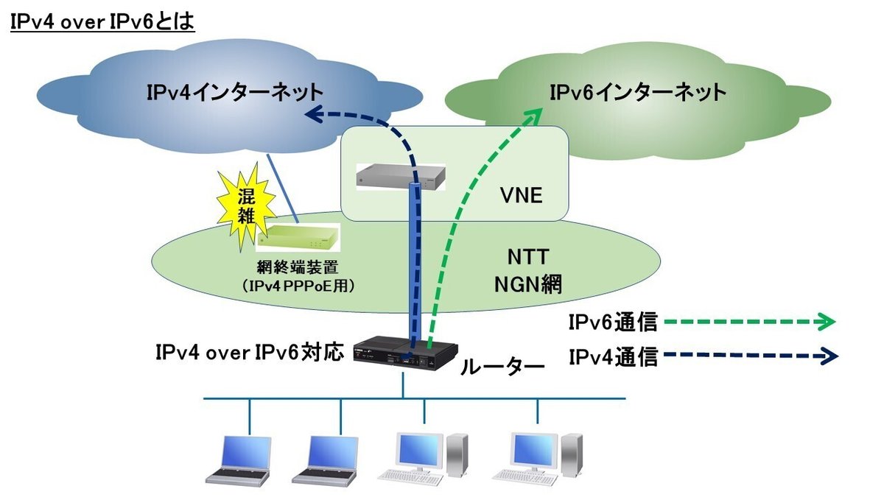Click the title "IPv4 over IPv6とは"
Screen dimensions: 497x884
coord(102,22)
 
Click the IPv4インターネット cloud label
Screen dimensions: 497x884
coord(235,93)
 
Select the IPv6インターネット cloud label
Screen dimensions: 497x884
coord(638,93)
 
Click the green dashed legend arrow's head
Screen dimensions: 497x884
coord(827,322)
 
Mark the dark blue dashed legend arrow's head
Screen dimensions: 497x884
coord(829,356)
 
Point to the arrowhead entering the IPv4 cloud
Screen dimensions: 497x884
coord(315,113)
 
